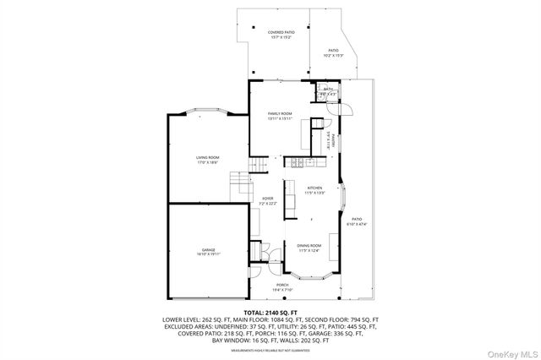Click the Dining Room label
tap(309, 248)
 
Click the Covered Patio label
tap(270, 35)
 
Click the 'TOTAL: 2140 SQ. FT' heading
tap(270, 313)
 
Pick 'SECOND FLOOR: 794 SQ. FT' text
tap(343, 319)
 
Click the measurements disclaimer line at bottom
tap(270, 349)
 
